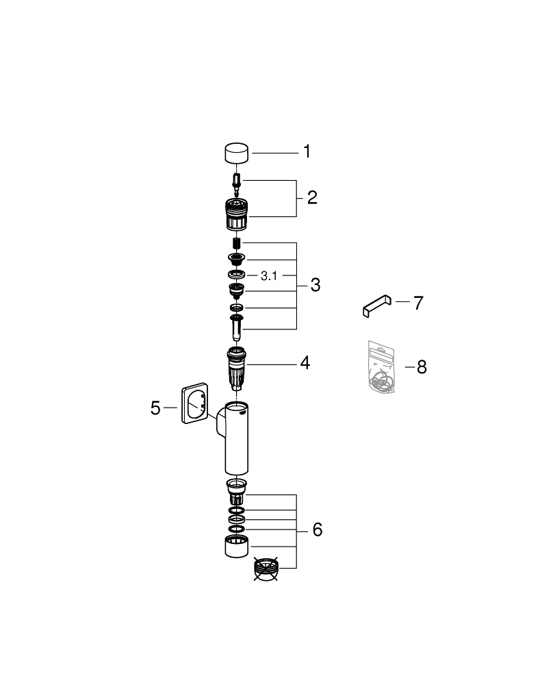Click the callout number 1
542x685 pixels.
pyautogui.click(x=307, y=151)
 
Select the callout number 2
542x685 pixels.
pyautogui.click(x=312, y=197)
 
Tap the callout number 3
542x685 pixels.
pyautogui.click(x=315, y=285)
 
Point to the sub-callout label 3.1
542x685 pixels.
pyautogui.click(x=269, y=275)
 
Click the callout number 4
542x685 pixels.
pyautogui.click(x=305, y=363)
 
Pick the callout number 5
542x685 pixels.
pyautogui.click(x=155, y=408)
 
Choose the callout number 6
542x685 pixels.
pyautogui.click(x=318, y=530)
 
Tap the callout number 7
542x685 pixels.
pyautogui.click(x=419, y=303)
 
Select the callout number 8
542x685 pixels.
pyautogui.click(x=422, y=367)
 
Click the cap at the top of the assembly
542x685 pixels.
pyautogui.click(x=237, y=153)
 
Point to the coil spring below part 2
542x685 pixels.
pyautogui.click(x=236, y=243)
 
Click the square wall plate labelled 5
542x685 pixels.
pyautogui.click(x=194, y=403)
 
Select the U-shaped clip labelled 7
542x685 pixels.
pyautogui.click(x=377, y=306)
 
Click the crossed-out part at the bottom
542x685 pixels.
pyautogui.click(x=266, y=569)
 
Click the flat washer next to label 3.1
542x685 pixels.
pyautogui.click(x=237, y=275)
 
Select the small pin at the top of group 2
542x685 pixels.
pyautogui.click(x=236, y=185)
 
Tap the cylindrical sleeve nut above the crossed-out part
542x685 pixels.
pyautogui.click(x=237, y=547)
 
